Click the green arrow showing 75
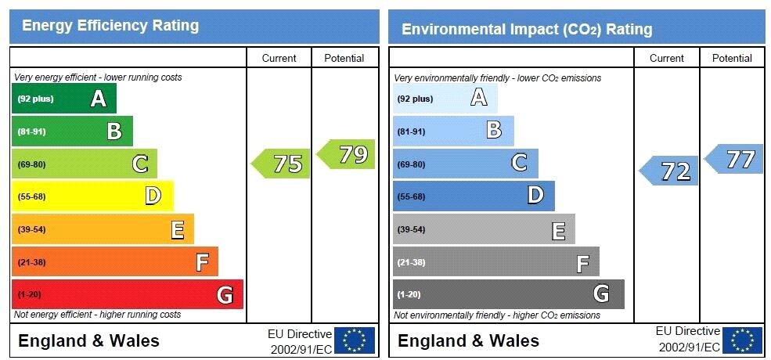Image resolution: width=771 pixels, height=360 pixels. [282, 164]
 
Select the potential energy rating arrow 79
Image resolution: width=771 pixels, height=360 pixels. [347, 154]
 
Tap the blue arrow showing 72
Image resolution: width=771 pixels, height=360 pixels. [670, 171]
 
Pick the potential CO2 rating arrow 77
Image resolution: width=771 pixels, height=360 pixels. [735, 159]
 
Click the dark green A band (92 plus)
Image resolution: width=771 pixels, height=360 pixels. [64, 99]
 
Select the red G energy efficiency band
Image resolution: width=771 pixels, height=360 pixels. [127, 294]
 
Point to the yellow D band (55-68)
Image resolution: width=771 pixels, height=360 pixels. [92, 196]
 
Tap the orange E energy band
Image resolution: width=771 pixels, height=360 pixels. [103, 229]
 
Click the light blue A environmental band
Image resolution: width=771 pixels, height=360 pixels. [445, 99]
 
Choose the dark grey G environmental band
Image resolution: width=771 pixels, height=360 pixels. [508, 294]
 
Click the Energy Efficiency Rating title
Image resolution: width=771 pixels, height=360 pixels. [110, 26]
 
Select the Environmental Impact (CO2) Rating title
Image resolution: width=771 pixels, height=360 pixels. [527, 30]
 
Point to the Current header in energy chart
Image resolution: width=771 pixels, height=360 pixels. [279, 58]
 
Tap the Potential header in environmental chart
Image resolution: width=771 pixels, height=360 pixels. [732, 58]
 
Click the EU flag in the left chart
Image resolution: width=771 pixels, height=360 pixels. [355, 340]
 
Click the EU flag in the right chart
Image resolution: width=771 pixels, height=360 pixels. [742, 340]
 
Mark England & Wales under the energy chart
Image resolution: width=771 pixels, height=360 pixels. [88, 340]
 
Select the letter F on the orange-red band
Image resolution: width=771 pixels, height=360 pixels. [202, 262]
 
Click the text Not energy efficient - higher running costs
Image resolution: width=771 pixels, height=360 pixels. [97, 315]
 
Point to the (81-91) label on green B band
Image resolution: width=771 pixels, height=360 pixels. [32, 131]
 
